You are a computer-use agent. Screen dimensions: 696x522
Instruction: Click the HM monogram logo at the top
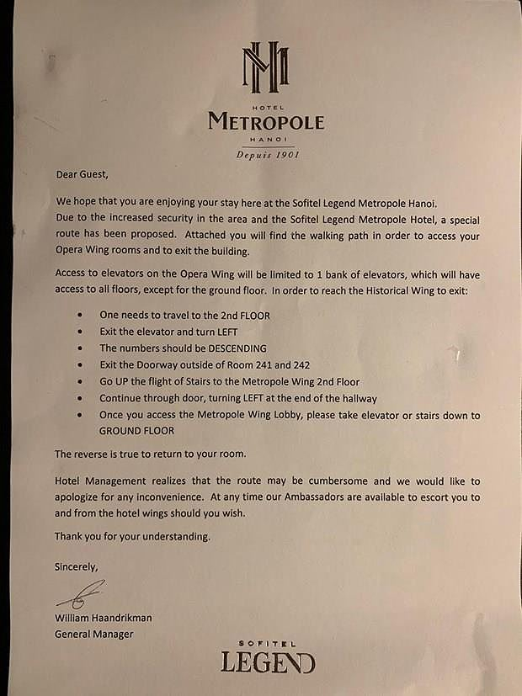coord(265,67)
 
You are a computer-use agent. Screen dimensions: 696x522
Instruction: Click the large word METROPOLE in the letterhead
coord(265,122)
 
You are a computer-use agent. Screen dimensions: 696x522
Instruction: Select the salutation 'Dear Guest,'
coord(82,175)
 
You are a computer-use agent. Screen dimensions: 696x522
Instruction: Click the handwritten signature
coord(81,594)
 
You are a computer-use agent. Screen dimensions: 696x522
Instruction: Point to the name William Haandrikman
coord(104,618)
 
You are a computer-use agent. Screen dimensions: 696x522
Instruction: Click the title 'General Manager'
coord(93,634)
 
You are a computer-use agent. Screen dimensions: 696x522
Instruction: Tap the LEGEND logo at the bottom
coord(268,661)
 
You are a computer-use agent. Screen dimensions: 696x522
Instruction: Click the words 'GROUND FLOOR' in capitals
coord(136,430)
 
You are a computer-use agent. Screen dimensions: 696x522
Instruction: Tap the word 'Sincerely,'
coord(77,566)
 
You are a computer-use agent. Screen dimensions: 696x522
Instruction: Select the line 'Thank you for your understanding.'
coord(131,536)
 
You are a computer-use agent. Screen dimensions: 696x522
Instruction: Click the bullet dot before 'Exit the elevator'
coord(78,332)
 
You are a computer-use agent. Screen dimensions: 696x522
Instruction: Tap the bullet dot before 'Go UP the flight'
coord(78,381)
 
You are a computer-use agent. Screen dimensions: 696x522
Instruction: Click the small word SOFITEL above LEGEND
coord(268,641)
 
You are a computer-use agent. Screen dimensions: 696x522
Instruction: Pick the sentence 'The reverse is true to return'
coord(150,454)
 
